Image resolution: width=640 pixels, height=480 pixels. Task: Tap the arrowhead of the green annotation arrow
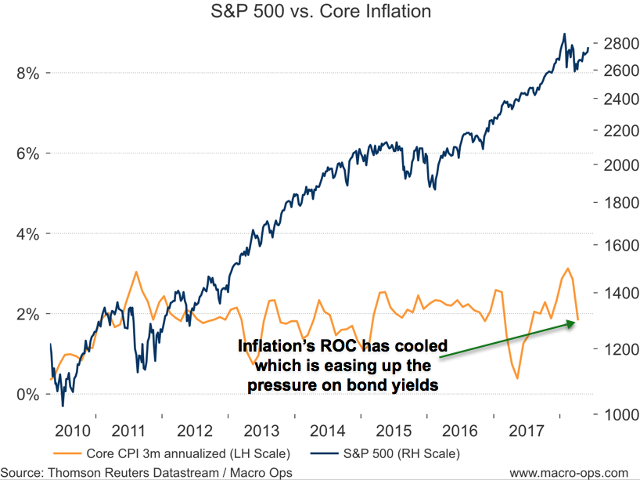point(575,322)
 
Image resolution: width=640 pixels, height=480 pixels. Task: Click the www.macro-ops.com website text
point(568,472)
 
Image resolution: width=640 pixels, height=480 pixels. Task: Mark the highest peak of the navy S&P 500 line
point(564,34)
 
